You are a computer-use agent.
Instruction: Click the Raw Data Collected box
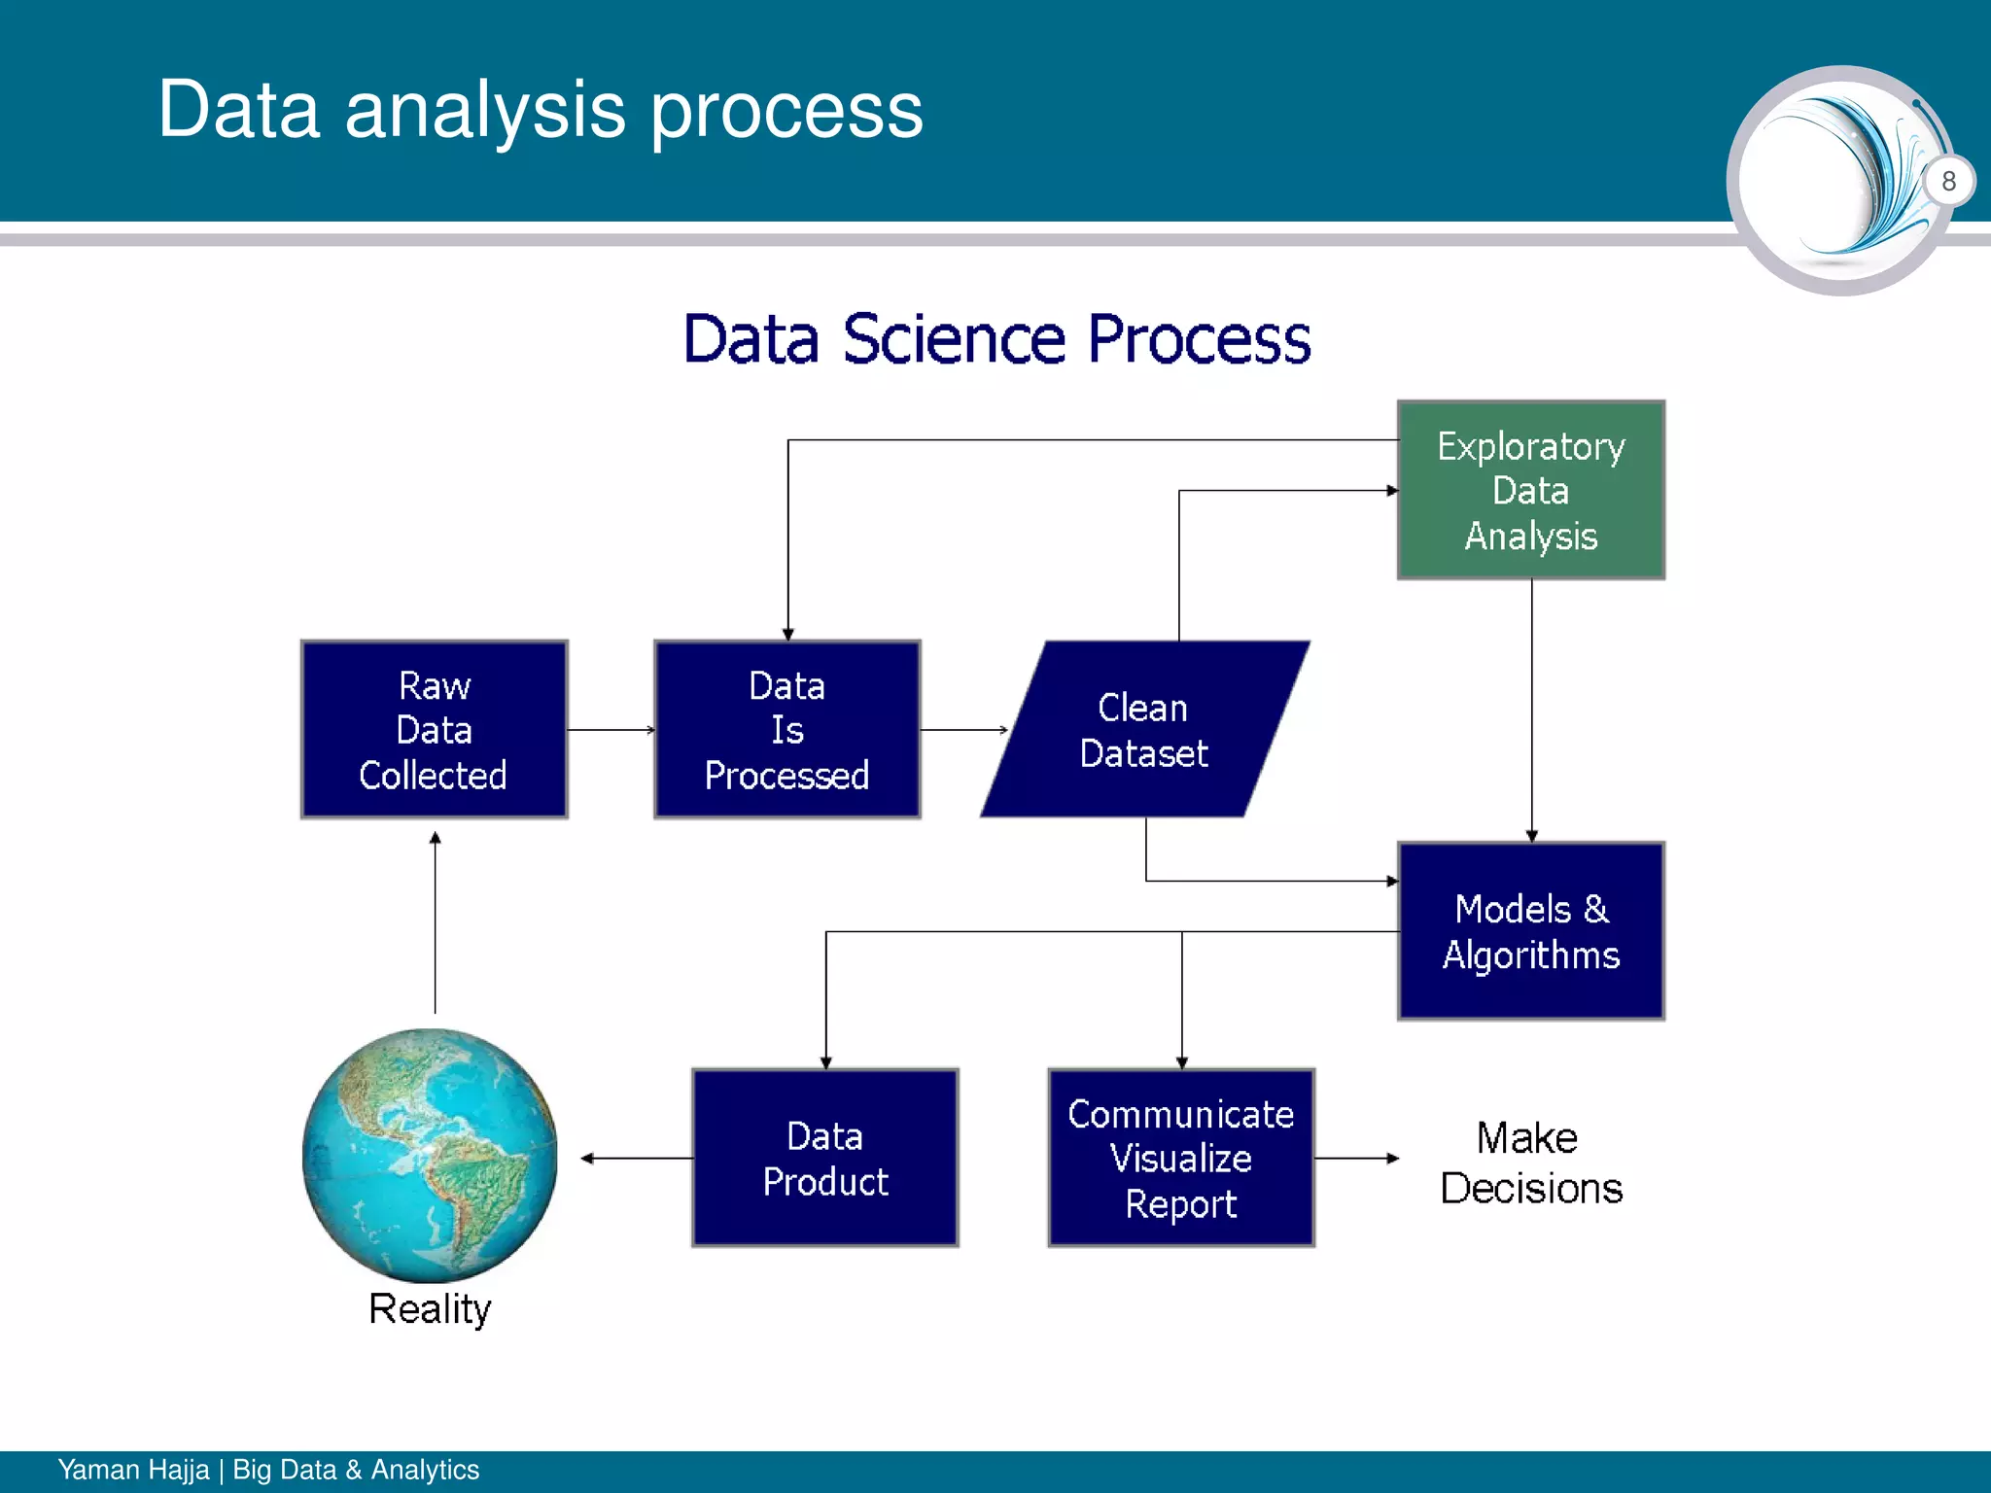pyautogui.click(x=434, y=729)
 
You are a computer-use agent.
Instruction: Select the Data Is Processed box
pyautogui.click(x=786, y=729)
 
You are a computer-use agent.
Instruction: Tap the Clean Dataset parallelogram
pyautogui.click(x=1144, y=729)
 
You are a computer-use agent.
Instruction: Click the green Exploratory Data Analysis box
pyautogui.click(x=1530, y=490)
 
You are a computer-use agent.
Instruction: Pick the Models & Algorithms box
pyautogui.click(x=1530, y=931)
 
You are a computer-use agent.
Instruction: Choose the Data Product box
pyautogui.click(x=824, y=1158)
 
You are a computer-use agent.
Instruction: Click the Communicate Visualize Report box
pyautogui.click(x=1180, y=1158)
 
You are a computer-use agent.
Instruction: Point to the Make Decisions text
pyautogui.click(x=1530, y=1163)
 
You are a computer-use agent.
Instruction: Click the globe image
pyautogui.click(x=430, y=1155)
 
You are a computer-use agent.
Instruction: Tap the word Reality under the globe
pyautogui.click(x=430, y=1308)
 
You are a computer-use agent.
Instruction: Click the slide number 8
pyautogui.click(x=1948, y=181)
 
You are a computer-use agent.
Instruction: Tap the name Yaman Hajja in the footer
pyautogui.click(x=133, y=1470)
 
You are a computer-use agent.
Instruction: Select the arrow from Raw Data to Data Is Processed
pyautogui.click(x=611, y=729)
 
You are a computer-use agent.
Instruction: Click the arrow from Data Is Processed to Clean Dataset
pyautogui.click(x=963, y=729)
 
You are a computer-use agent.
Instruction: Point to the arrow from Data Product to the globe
pyautogui.click(x=637, y=1158)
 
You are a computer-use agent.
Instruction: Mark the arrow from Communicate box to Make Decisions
pyautogui.click(x=1356, y=1158)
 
